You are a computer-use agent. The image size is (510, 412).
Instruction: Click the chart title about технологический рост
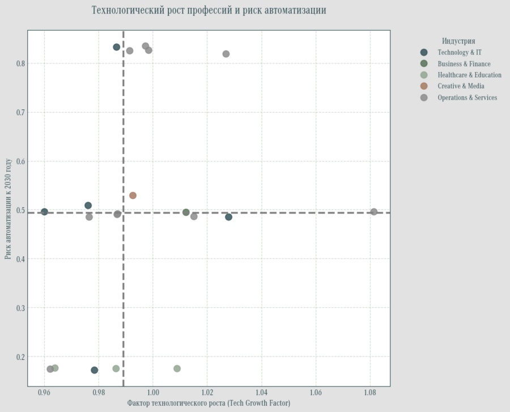(x=209, y=11)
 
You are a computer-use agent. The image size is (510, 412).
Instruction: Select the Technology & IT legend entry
(x=460, y=53)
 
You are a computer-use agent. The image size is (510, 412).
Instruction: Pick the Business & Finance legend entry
(x=464, y=64)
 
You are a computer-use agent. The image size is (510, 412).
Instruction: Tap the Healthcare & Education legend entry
(x=469, y=75)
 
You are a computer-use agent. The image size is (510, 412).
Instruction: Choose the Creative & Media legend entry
(x=461, y=86)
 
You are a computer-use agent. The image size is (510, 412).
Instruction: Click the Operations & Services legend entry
(x=467, y=97)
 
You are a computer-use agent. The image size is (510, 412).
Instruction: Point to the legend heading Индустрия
(x=458, y=41)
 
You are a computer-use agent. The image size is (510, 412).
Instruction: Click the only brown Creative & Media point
(x=133, y=196)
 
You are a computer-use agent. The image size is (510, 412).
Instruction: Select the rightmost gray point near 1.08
(x=374, y=212)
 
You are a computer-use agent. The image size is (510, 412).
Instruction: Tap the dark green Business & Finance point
(x=186, y=213)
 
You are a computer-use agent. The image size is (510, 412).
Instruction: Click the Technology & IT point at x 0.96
(x=44, y=212)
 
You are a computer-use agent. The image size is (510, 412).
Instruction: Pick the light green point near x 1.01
(x=177, y=368)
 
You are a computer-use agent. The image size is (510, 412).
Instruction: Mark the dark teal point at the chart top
(x=117, y=47)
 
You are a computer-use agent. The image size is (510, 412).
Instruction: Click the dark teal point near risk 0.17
(x=95, y=370)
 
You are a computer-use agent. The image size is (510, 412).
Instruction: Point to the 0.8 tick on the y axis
(x=20, y=63)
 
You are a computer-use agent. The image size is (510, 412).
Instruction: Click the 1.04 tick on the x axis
(x=261, y=392)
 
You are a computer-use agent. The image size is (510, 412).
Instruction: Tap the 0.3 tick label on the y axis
(x=20, y=308)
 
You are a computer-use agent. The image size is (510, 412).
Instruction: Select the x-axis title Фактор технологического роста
(x=209, y=403)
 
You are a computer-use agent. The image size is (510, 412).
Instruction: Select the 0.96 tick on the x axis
(x=44, y=392)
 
